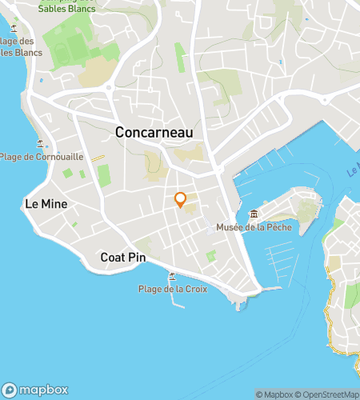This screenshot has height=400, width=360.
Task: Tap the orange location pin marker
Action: click(181, 200)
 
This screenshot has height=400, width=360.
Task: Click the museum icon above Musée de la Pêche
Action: click(254, 214)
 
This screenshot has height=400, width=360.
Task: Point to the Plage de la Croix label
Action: click(173, 289)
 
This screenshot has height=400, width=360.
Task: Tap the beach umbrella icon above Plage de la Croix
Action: click(171, 276)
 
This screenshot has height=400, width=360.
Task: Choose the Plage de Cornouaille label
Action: click(42, 157)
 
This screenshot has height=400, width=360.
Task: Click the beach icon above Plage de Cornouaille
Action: click(40, 144)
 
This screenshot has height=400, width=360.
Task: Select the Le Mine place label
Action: click(46, 205)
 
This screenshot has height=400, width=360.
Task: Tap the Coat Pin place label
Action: click(120, 258)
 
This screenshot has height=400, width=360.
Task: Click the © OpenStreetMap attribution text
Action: click(328, 394)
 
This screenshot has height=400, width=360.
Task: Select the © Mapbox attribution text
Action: click(274, 394)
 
